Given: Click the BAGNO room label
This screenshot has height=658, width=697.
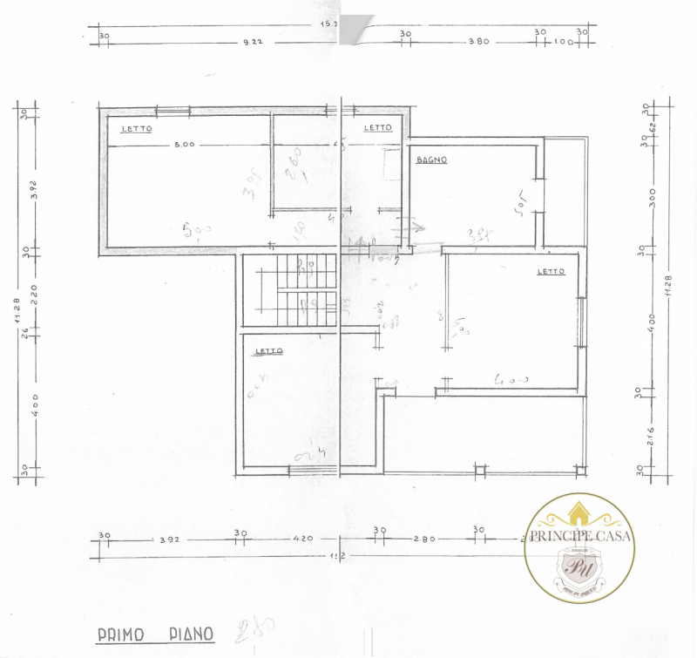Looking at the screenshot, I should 431,159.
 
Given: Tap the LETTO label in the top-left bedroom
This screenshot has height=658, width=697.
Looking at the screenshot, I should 136,128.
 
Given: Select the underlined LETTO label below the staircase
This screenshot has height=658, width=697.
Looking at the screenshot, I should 268,352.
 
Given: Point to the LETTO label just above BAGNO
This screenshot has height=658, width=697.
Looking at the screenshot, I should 378,127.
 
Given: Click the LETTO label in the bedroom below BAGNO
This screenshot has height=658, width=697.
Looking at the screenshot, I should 551,271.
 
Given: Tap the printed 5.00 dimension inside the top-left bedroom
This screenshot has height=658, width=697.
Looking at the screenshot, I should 183,144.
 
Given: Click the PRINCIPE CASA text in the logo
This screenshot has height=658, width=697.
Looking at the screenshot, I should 579,536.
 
